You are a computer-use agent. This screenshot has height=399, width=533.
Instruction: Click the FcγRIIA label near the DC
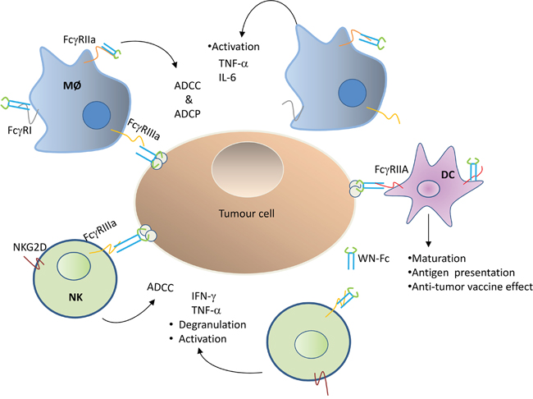pyautogui.click(x=394, y=169)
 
